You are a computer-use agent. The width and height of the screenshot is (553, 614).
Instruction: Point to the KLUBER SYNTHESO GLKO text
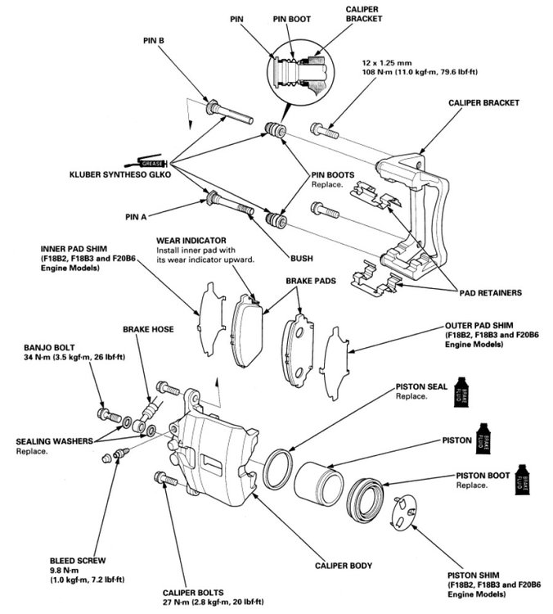(128, 176)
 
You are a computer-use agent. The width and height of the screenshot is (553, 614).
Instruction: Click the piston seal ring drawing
(278, 465)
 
